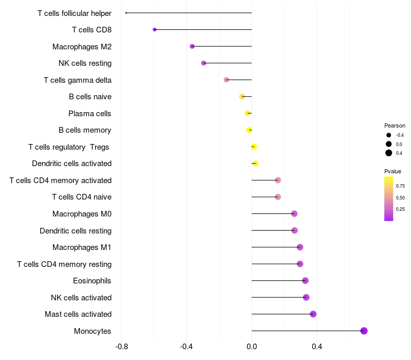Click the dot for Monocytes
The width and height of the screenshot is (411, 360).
(x=364, y=331)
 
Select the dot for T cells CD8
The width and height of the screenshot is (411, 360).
(x=155, y=30)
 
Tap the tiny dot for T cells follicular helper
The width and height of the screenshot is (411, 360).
(x=126, y=13)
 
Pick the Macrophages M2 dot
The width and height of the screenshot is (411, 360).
(x=192, y=46)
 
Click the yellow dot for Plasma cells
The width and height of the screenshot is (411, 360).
(x=248, y=113)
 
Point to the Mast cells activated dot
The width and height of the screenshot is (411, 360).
(x=313, y=314)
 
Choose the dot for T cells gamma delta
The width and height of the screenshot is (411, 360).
(x=226, y=80)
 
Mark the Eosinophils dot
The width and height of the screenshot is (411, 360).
(x=305, y=281)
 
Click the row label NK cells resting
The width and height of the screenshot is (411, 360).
(x=85, y=63)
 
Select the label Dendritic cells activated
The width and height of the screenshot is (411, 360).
(x=71, y=164)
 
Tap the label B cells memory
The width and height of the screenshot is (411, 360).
(x=85, y=130)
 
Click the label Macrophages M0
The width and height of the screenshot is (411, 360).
(x=82, y=214)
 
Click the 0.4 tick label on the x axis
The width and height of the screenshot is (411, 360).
(x=317, y=347)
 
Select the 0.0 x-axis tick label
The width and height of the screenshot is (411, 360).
(x=252, y=347)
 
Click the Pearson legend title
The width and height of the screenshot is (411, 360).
(x=395, y=125)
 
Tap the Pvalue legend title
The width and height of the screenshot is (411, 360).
(x=393, y=171)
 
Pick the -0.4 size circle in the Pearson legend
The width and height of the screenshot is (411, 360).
(x=389, y=135)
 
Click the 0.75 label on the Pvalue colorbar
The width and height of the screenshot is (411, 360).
(x=400, y=186)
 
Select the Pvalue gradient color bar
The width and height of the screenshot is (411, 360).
(x=389, y=199)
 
